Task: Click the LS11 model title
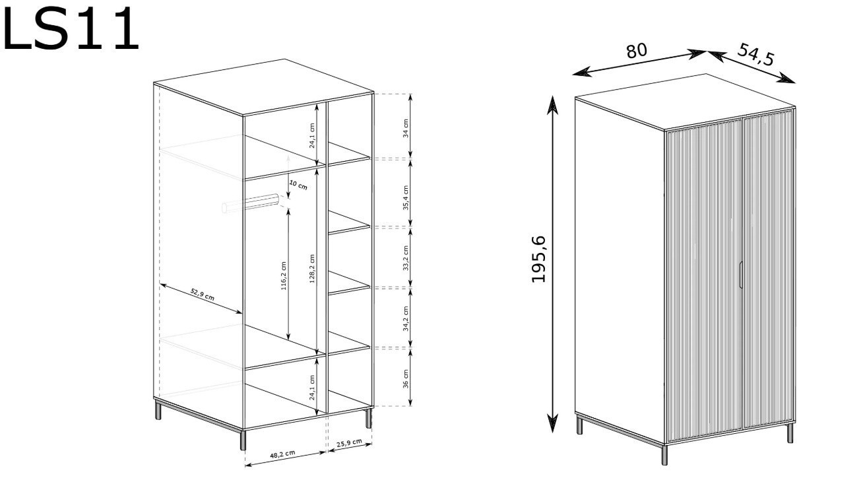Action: pyautogui.click(x=71, y=28)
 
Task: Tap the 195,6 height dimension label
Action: pyautogui.click(x=538, y=260)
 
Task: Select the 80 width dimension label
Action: pyautogui.click(x=637, y=52)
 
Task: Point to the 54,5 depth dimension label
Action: pyautogui.click(x=755, y=54)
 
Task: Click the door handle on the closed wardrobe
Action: pyautogui.click(x=740, y=275)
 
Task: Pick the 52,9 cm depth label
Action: pyautogui.click(x=203, y=295)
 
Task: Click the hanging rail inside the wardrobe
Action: pyautogui.click(x=251, y=203)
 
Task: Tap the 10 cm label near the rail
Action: pyautogui.click(x=298, y=185)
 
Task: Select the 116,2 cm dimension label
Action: pyautogui.click(x=284, y=276)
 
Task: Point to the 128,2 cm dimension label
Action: pyautogui.click(x=312, y=269)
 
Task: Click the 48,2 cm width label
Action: pyautogui.click(x=282, y=454)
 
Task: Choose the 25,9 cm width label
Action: pyautogui.click(x=349, y=443)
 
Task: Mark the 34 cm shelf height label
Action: pyautogui.click(x=406, y=129)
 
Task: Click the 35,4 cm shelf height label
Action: pyautogui.click(x=406, y=197)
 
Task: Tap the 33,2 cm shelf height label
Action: pyautogui.click(x=406, y=258)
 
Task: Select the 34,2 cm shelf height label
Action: pyautogui.click(x=406, y=318)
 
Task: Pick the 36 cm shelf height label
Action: pyautogui.click(x=406, y=379)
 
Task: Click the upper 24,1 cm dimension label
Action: pyautogui.click(x=312, y=135)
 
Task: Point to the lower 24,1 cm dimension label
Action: pyautogui.click(x=312, y=387)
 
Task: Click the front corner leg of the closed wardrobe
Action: pyautogui.click(x=664, y=455)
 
